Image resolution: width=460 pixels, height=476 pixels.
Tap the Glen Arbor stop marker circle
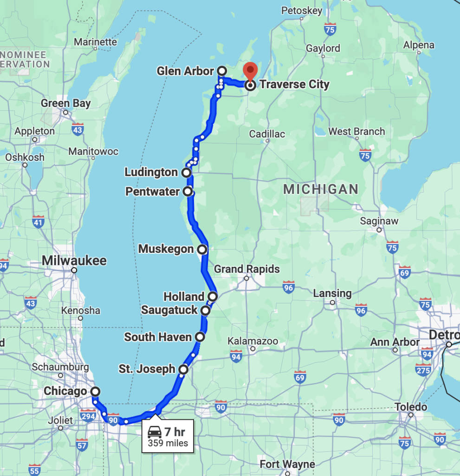tap(222, 71)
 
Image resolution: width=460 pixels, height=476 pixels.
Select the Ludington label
tap(151, 172)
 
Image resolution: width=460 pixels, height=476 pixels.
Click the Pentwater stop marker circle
tap(188, 191)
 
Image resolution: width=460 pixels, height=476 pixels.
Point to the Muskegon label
tap(166, 249)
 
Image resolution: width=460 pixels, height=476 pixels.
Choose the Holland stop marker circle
tap(213, 297)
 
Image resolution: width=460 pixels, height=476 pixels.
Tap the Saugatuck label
tap(169, 310)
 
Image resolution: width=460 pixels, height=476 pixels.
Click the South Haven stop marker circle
tap(200, 337)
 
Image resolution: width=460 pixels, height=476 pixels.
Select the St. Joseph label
tap(147, 370)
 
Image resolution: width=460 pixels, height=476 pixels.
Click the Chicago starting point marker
tap(95, 391)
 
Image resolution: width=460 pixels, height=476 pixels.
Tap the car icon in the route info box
tap(155, 432)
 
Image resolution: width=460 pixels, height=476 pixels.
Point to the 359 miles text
tap(168, 443)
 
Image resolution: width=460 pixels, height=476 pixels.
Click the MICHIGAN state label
tap(321, 189)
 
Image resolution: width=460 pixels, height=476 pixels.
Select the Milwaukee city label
tap(74, 260)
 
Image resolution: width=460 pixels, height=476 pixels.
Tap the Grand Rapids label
tap(247, 269)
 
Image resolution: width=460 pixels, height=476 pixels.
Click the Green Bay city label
tap(65, 103)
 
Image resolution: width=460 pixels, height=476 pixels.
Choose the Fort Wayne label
tap(287, 464)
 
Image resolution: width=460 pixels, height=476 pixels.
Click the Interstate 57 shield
tap(82, 444)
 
